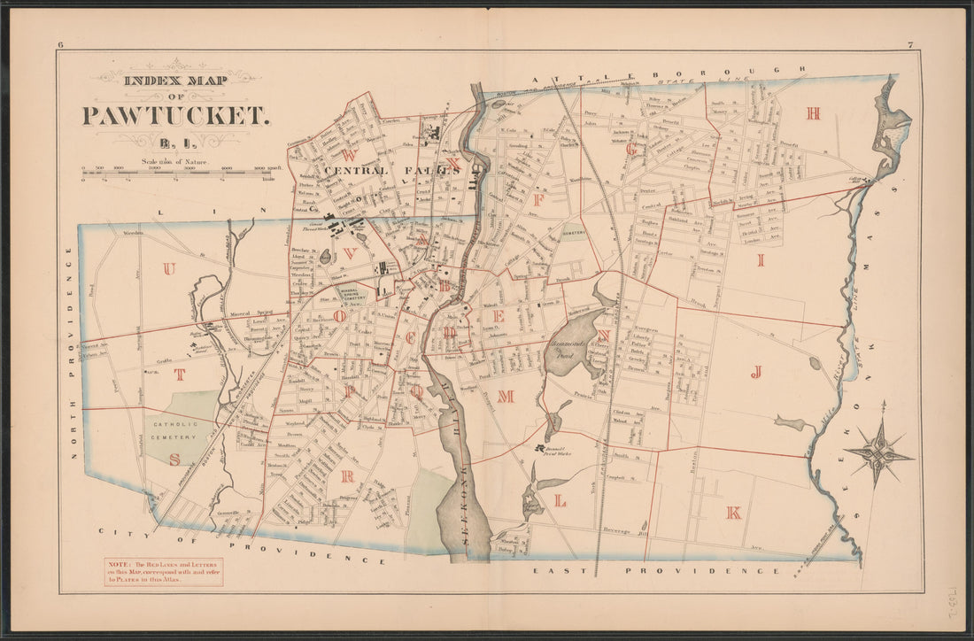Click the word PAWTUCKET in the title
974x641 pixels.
pos(175,115)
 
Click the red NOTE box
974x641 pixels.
pos(163,571)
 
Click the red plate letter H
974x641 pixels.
pos(813,112)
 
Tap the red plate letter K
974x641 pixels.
pos(733,512)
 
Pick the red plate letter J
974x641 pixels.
pos(757,372)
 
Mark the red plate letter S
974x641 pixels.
pos(174,459)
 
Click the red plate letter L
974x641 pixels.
pos(560,501)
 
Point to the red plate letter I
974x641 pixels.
pos(760,259)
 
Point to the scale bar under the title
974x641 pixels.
pos(175,174)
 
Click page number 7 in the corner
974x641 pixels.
pos(909,45)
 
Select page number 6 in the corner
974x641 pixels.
pos(61,45)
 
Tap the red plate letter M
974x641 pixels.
pos(506,397)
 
